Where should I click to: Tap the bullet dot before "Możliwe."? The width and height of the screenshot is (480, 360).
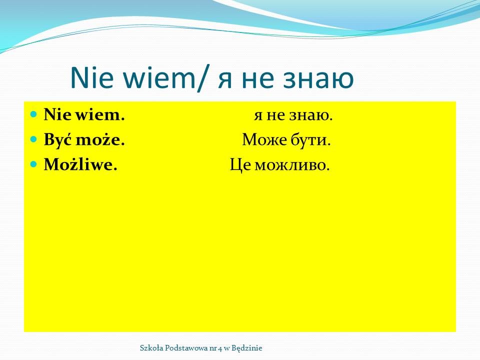click(x=33, y=164)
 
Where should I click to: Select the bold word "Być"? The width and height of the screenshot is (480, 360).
click(x=58, y=140)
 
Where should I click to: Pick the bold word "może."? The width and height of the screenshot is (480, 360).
click(x=100, y=140)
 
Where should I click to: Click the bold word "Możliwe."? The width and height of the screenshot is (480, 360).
click(x=80, y=164)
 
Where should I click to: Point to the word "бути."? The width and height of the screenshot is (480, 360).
click(x=310, y=140)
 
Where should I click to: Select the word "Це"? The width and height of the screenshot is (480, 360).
click(x=240, y=165)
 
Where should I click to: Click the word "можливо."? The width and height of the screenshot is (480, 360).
click(x=292, y=165)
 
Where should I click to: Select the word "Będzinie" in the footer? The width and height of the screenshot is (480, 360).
click(x=246, y=348)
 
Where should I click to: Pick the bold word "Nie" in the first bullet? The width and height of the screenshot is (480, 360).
click(x=58, y=115)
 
